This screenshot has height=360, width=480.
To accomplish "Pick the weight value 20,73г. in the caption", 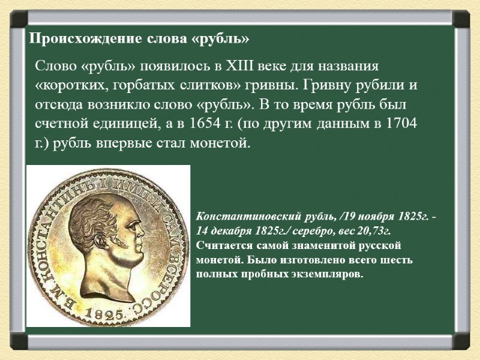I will pos(374,230).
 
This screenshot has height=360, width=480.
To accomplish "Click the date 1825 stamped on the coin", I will pos(104,313).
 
